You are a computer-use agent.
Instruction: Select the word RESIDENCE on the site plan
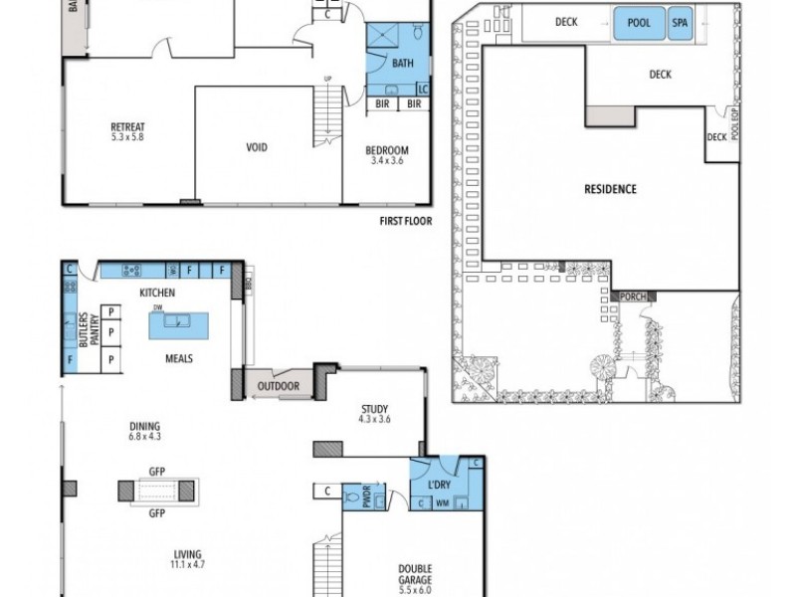[x=611, y=189]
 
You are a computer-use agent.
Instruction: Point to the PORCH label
[x=631, y=297]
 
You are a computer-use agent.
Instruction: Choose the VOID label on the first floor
[x=257, y=147]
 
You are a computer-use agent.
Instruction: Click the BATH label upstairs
[x=402, y=63]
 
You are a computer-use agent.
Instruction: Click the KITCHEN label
[x=157, y=293]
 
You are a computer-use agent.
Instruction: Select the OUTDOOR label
[x=280, y=386]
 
